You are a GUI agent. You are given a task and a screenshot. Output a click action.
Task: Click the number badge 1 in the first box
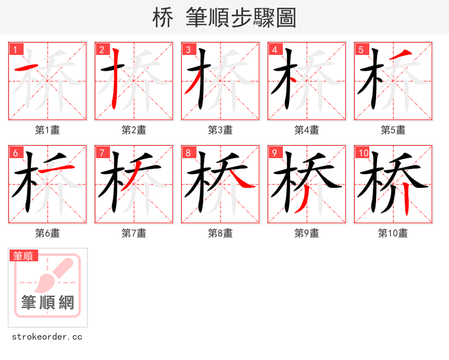point(15,49)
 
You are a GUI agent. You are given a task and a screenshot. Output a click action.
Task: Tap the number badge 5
point(361,49)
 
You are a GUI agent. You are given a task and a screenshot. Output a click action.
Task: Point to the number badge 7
point(102,153)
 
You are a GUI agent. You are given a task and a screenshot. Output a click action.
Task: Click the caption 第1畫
point(48,130)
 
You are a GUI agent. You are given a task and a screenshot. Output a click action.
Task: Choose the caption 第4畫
point(307,130)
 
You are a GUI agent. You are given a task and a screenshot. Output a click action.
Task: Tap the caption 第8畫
point(221,233)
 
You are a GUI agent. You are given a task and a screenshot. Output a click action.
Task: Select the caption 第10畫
point(393,233)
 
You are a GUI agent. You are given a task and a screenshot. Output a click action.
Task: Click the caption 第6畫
point(48,233)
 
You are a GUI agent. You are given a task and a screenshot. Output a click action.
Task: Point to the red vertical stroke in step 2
point(116,79)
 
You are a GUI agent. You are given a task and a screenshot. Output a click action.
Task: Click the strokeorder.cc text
point(47,337)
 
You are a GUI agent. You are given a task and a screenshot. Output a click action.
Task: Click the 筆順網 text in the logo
point(48,302)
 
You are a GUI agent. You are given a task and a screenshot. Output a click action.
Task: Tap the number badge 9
point(274,153)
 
